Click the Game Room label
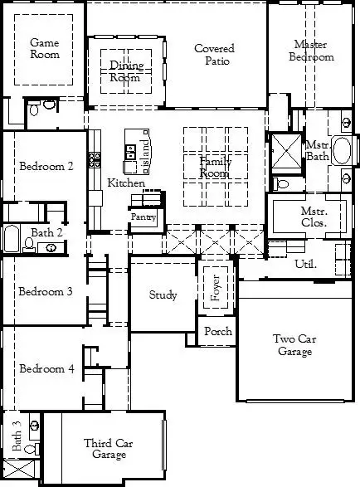point(46,48)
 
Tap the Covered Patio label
point(214,55)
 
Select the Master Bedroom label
point(312,51)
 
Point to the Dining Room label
point(126,71)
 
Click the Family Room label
point(215,168)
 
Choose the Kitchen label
point(126,183)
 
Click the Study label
point(163,295)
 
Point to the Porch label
point(217,332)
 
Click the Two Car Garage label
point(293,344)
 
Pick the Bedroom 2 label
point(46,166)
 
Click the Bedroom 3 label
point(46,291)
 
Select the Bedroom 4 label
point(46,368)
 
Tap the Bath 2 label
point(46,232)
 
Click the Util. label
point(305,264)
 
